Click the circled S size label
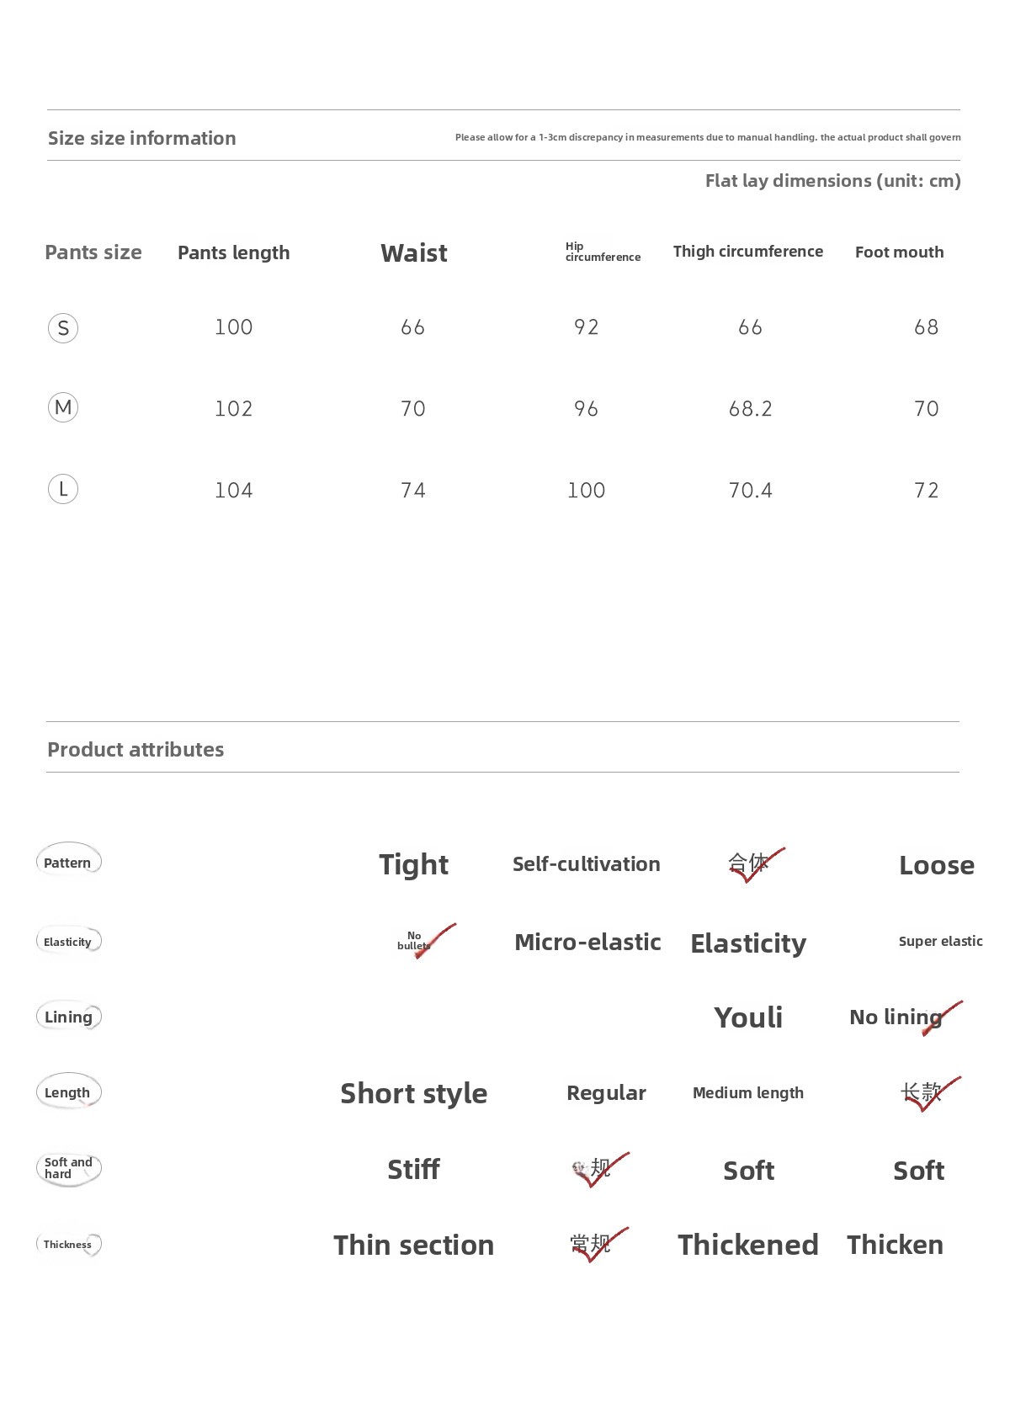[63, 327]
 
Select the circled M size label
[63, 408]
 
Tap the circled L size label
[63, 489]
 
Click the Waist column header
[413, 252]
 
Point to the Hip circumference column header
[603, 252]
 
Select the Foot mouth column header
[899, 252]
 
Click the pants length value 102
[233, 409]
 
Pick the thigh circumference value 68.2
[750, 409]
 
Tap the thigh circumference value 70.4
[750, 491]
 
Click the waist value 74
[413, 491]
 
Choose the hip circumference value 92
[586, 327]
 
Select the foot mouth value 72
[926, 491]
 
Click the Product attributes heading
[136, 749]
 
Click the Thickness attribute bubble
[68, 1244]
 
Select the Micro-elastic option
[587, 942]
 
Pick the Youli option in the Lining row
[748, 1017]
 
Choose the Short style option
[413, 1093]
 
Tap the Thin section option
[413, 1245]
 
